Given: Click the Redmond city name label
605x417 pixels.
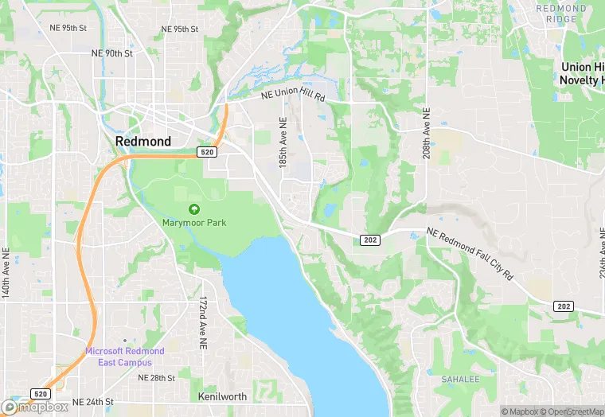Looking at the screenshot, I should [x=142, y=141].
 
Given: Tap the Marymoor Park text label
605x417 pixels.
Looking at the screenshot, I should [x=194, y=223].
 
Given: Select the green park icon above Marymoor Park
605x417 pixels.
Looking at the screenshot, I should [x=193, y=208].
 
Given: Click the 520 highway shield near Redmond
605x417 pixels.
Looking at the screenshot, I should [x=207, y=151].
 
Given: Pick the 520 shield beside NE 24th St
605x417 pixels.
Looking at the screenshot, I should [x=41, y=394].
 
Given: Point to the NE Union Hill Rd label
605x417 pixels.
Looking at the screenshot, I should [x=295, y=95].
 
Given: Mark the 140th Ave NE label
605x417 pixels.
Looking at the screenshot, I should [x=6, y=273].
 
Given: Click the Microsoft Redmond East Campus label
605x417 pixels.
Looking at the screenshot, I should [x=125, y=357].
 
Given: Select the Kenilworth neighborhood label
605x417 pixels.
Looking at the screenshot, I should [x=222, y=396].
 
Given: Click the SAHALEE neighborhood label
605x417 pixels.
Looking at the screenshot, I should [x=461, y=379].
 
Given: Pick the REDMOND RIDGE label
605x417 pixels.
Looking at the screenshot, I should [x=560, y=13].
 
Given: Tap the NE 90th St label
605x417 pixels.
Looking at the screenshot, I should [x=111, y=53].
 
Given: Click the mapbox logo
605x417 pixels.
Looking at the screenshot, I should [x=35, y=407].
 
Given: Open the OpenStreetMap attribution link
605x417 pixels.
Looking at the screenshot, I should [x=572, y=411].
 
